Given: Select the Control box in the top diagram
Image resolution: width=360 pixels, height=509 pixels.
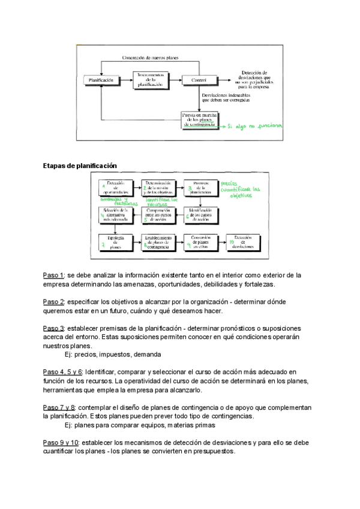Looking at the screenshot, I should pos(199,80).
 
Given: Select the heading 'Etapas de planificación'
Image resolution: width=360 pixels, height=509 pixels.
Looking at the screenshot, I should pos(80,165).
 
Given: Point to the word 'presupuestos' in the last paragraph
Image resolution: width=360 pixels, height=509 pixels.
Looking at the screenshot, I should pos(214,451).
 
